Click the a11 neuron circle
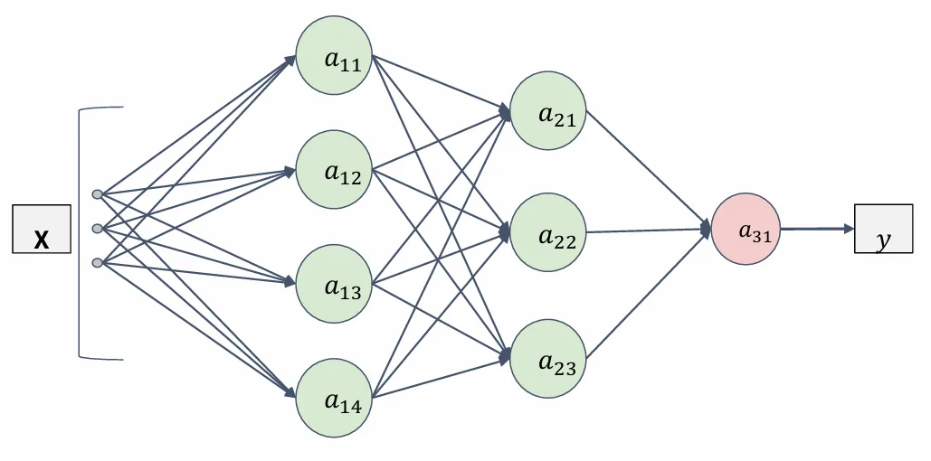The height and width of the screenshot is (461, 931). [334, 54]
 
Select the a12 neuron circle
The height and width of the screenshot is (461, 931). [334, 170]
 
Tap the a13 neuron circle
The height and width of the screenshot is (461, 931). [334, 284]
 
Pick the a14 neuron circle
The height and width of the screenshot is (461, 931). [334, 398]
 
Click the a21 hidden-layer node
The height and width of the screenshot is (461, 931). [548, 110]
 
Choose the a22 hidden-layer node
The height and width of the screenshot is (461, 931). [548, 232]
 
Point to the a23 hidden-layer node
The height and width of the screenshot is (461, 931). [548, 358]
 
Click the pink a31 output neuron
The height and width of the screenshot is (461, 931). [746, 229]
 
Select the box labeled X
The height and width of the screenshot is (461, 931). [42, 229]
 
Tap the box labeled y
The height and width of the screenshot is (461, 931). [883, 229]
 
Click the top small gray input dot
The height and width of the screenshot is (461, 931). [98, 194]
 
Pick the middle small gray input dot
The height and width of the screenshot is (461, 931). [98, 229]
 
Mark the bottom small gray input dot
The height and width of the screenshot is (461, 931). [98, 262]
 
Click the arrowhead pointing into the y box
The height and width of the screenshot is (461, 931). [849, 229]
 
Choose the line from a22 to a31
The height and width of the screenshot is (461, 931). [649, 230]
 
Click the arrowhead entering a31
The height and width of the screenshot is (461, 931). [706, 229]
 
